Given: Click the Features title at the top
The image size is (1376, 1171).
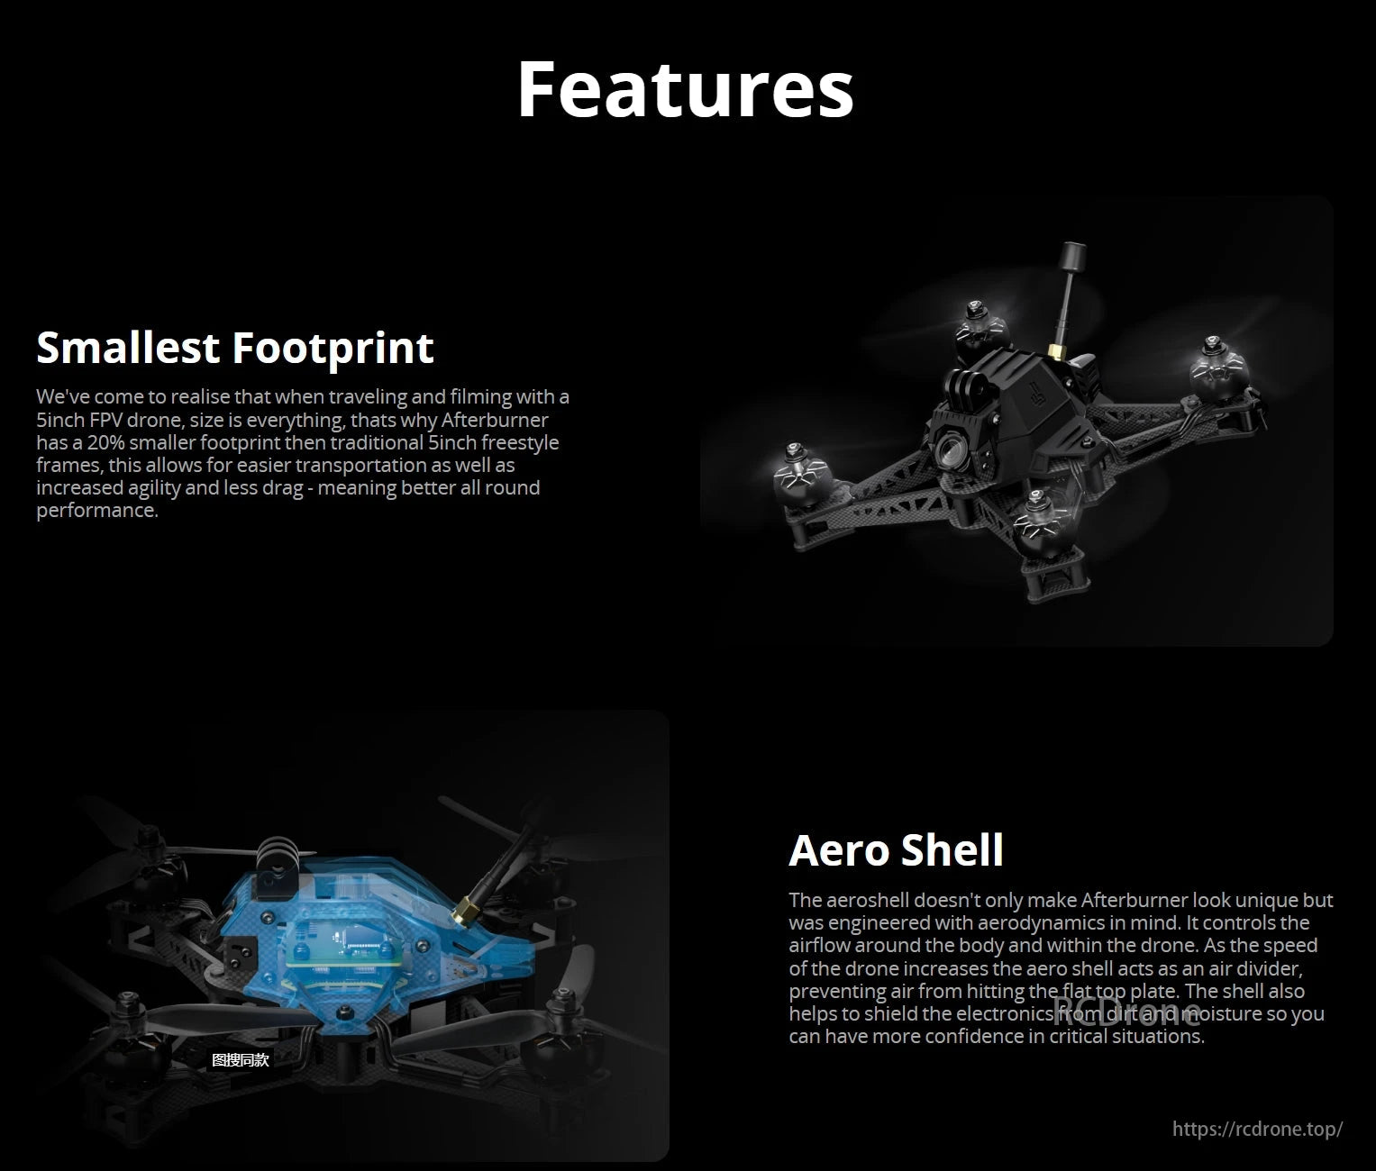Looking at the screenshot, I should pyautogui.click(x=685, y=88).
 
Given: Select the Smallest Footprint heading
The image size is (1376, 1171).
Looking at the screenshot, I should pyautogui.click(x=235, y=348).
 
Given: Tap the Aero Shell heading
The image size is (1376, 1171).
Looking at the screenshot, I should pyautogui.click(x=896, y=849).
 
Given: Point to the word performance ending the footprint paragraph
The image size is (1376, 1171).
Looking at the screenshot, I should pyautogui.click(x=96, y=511).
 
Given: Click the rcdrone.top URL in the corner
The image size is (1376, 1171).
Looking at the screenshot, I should pyautogui.click(x=1257, y=1129).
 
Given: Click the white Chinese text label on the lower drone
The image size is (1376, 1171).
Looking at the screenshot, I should pyautogui.click(x=240, y=1060).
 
